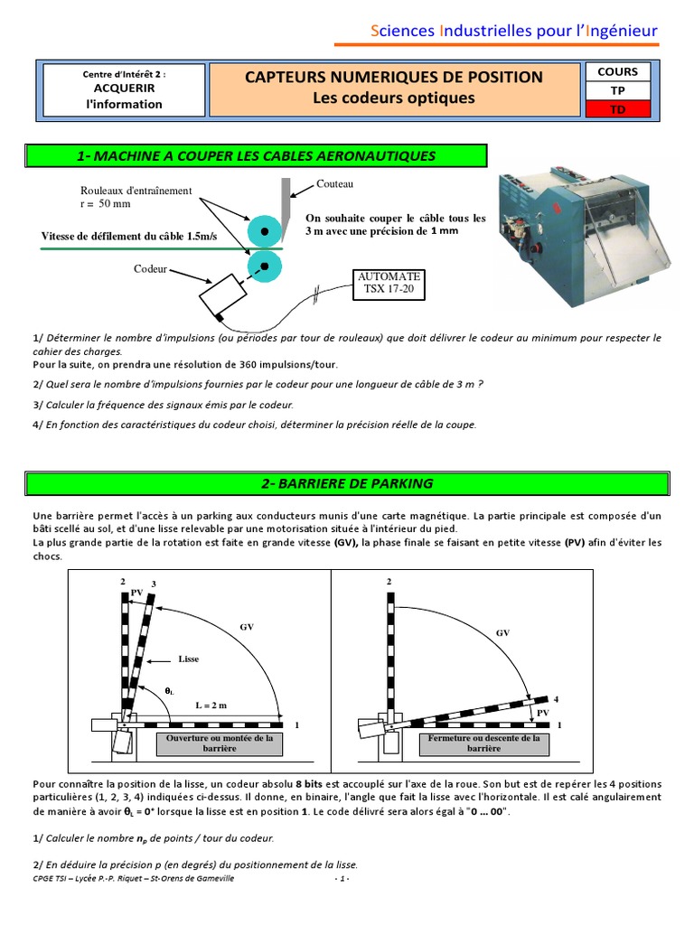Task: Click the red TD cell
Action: [617, 109]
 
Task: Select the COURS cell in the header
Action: [617, 71]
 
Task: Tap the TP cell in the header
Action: [617, 90]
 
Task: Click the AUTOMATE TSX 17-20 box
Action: [389, 283]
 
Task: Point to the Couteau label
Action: [334, 183]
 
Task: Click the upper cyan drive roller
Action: [264, 231]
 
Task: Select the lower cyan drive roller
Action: [264, 266]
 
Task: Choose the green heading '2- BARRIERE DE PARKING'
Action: [347, 483]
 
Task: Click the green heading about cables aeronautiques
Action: [257, 155]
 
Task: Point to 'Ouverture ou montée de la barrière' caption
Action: [220, 743]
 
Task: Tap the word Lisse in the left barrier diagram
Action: [188, 659]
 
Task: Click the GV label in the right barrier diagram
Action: [503, 633]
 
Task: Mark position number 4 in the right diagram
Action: [557, 699]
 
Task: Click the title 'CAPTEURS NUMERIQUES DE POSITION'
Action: [394, 78]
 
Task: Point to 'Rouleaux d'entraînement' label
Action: [136, 191]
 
